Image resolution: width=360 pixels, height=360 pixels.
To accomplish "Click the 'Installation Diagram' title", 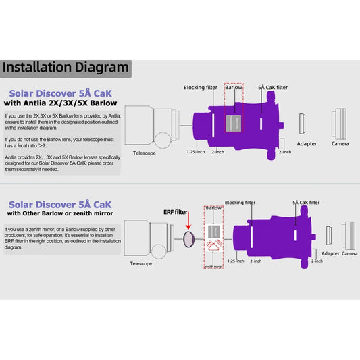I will click(65, 67).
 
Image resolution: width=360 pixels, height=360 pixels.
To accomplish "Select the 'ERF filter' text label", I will click(176, 211).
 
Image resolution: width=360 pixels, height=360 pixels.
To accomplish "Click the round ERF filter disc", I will click(188, 238).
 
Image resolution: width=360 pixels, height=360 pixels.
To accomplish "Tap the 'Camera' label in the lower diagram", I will click(350, 253).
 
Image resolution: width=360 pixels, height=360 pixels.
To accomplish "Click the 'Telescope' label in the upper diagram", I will click(143, 153).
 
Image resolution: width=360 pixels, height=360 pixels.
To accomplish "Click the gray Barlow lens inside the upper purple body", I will click(234, 122).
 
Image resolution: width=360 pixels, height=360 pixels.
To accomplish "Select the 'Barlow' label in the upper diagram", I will click(233, 88).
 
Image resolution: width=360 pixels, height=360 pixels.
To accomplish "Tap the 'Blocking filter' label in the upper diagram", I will click(201, 88).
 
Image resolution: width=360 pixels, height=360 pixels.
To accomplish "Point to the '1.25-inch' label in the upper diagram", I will click(197, 152).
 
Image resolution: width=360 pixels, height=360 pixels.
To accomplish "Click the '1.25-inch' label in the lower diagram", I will click(236, 261).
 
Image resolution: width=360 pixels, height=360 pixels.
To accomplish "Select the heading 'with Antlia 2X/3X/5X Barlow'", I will click(61, 103).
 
